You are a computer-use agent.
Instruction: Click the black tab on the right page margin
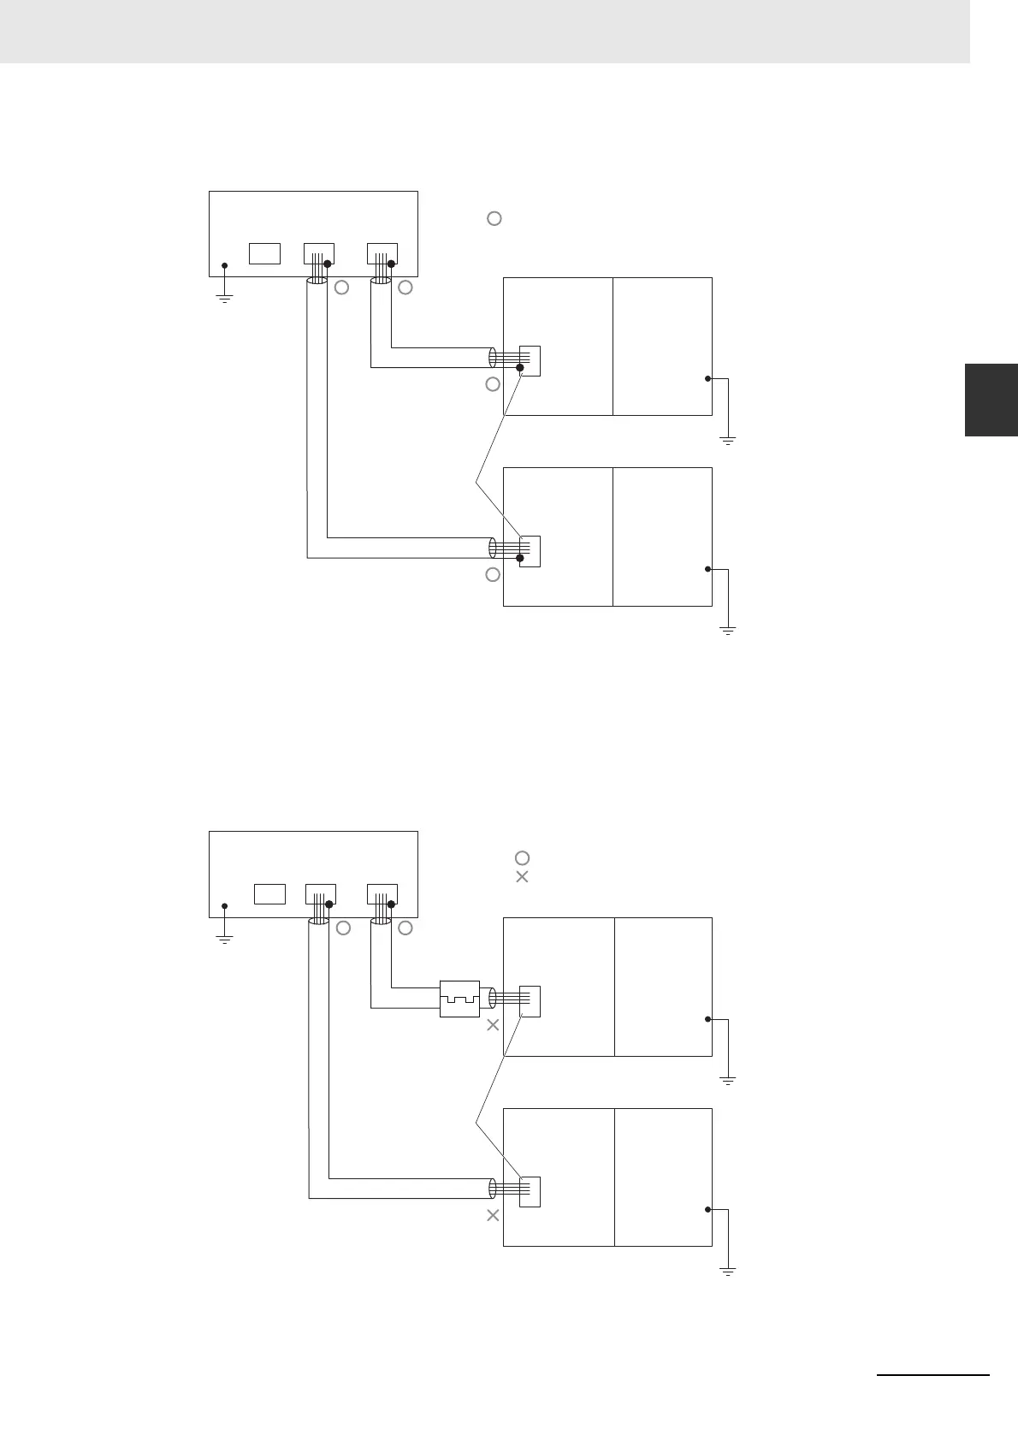pos(991,400)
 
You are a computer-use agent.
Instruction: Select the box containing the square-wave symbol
pos(459,999)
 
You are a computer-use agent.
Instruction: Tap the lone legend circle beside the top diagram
pos(494,218)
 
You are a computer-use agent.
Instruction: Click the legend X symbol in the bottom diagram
pos(522,877)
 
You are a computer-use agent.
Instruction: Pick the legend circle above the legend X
pos(522,857)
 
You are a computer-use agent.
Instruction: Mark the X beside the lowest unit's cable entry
pos(493,1215)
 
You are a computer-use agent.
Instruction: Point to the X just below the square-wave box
pos(493,1025)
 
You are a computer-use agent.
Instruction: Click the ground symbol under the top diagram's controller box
pos(224,299)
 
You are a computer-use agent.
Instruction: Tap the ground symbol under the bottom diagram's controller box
pos(224,939)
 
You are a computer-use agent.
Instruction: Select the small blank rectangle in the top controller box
pos(264,253)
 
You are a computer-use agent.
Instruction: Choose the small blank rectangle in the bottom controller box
pos(269,894)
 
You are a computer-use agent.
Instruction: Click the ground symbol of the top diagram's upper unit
pos(728,440)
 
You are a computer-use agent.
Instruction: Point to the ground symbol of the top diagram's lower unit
pos(728,630)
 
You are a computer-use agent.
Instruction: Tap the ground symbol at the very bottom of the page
pos(728,1272)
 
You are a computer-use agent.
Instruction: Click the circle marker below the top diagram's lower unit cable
pos(493,575)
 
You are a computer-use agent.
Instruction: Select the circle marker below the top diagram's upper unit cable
pos(493,384)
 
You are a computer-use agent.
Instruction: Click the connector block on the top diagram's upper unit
pos(530,360)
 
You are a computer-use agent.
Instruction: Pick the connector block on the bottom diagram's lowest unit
pos(530,1191)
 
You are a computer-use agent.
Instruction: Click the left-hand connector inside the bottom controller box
pos(321,894)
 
